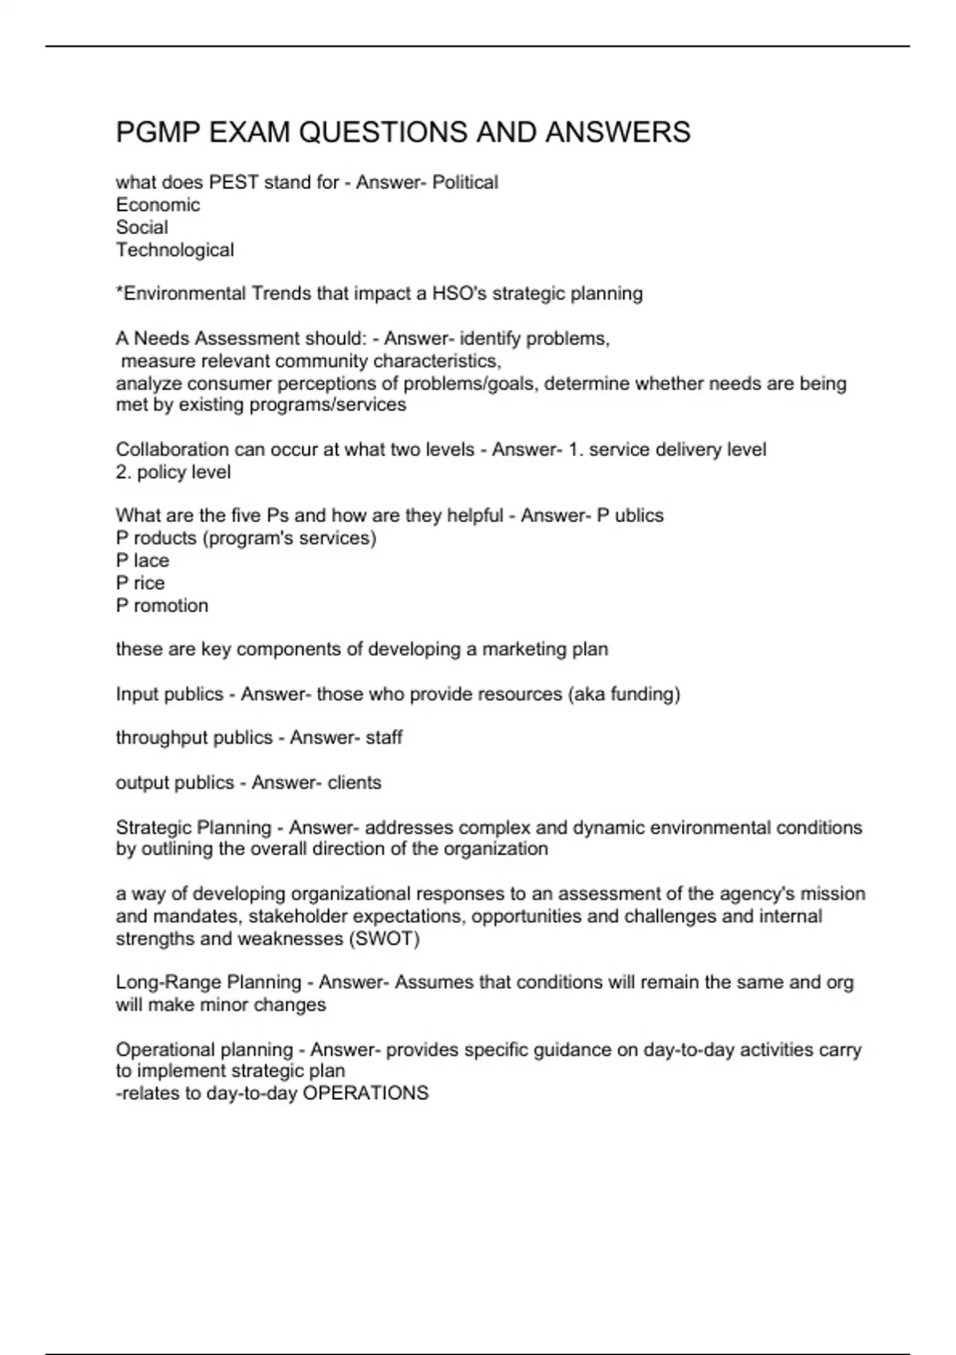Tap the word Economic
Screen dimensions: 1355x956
pyautogui.click(x=158, y=205)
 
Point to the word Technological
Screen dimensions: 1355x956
pyautogui.click(x=175, y=250)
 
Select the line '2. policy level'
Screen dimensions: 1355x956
pyautogui.click(x=173, y=472)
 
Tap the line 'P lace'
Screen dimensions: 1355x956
pyautogui.click(x=143, y=560)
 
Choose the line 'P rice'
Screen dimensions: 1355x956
pyautogui.click(x=140, y=583)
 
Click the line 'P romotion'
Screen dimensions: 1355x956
pyautogui.click(x=162, y=606)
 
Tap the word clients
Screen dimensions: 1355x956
pyautogui.click(x=355, y=783)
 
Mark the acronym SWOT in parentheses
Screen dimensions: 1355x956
pyautogui.click(x=384, y=939)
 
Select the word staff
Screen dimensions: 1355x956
pyautogui.click(x=384, y=738)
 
